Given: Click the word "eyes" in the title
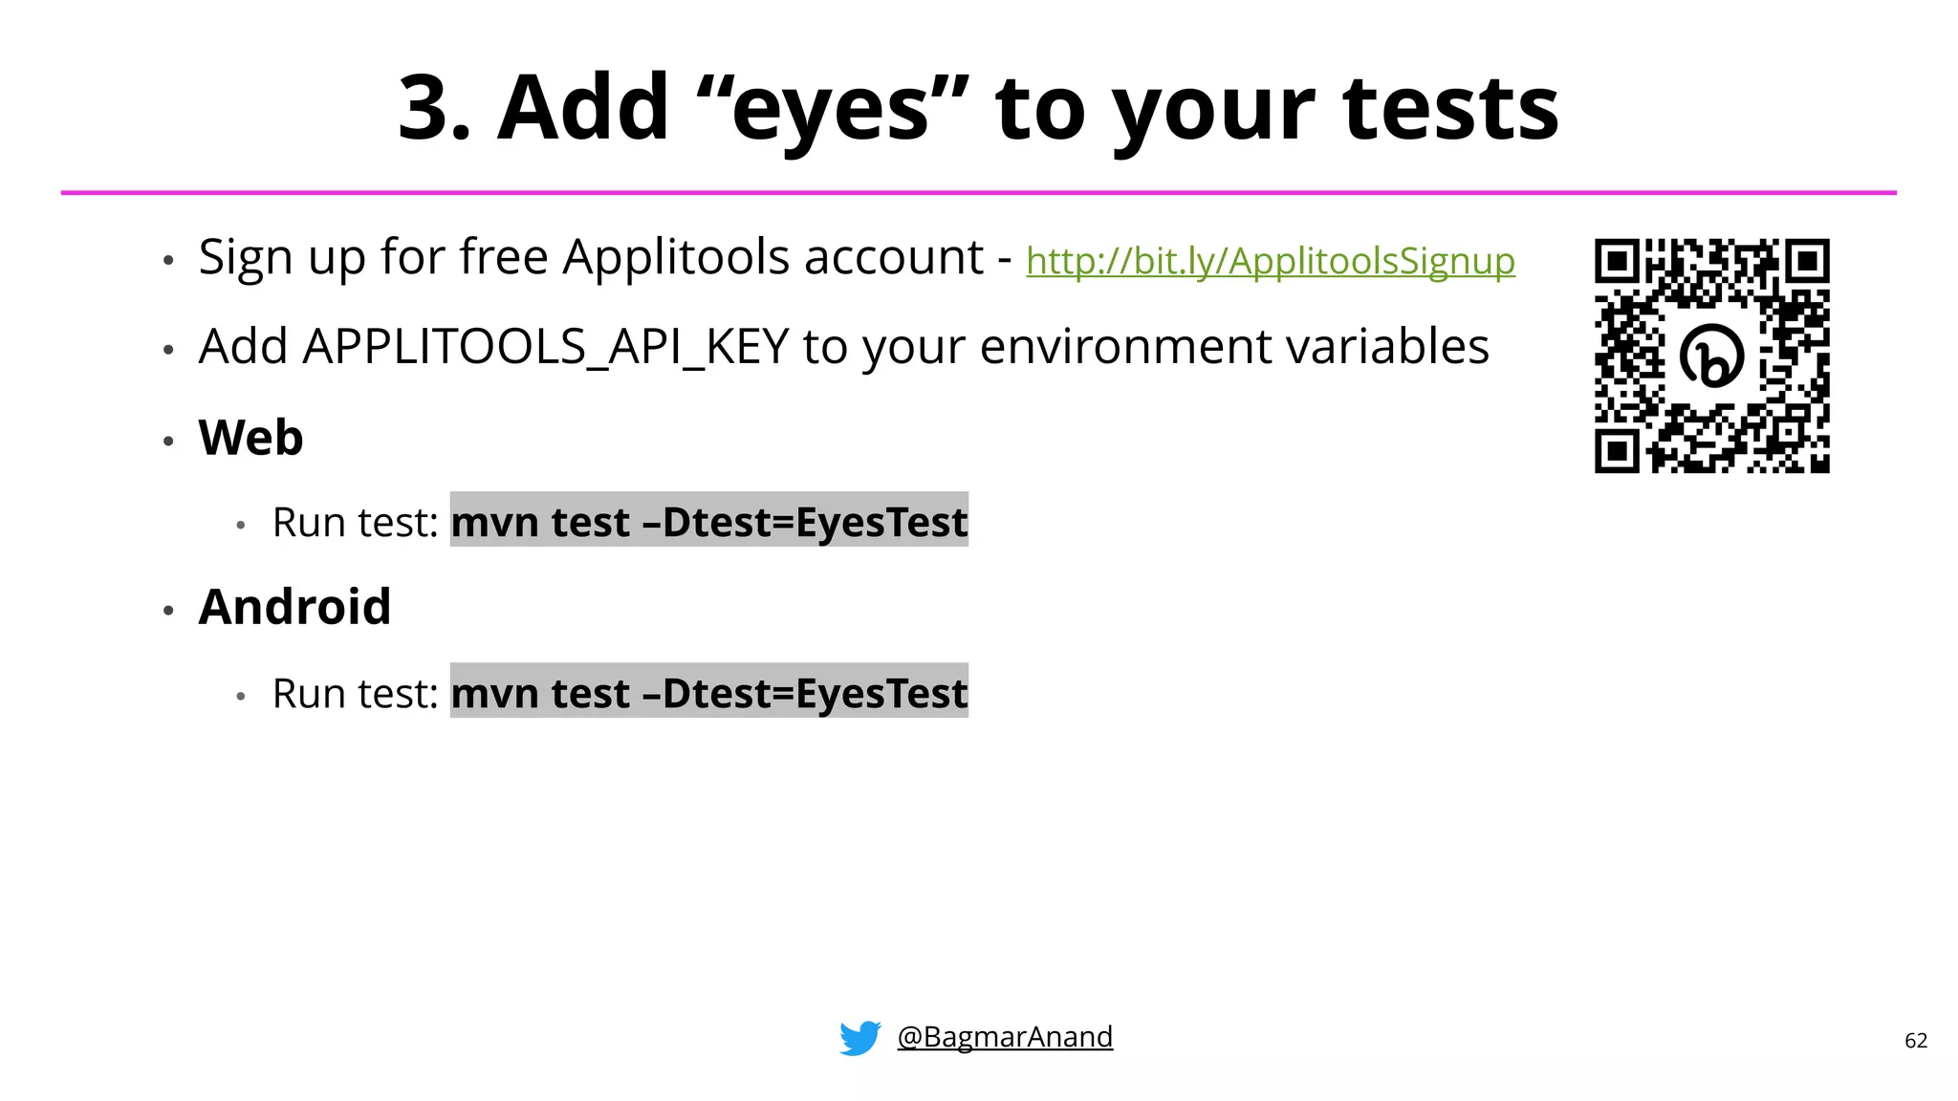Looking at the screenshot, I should tap(830, 111).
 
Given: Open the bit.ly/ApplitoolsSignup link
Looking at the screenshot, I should tap(1270, 261).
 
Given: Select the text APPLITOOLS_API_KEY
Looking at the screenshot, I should tap(545, 346).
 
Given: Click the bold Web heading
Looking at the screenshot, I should tap(250, 438).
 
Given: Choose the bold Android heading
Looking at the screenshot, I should tap(294, 607).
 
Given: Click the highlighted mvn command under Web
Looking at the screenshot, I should tap(708, 522).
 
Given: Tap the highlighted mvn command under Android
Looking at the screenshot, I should tap(708, 693).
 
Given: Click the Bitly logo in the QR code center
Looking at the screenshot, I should tap(1711, 356).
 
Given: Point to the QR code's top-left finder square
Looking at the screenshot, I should tap(1617, 261).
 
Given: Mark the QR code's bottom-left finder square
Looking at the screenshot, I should tap(1617, 450).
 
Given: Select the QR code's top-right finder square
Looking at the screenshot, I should tap(1807, 261).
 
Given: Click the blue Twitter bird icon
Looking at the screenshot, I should tap(859, 1038).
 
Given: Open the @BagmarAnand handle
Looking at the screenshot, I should tap(1005, 1037).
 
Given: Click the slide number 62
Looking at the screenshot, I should tap(1915, 1041).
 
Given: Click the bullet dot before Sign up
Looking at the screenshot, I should tap(168, 261).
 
